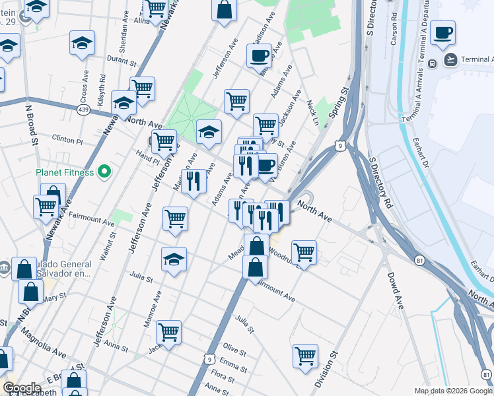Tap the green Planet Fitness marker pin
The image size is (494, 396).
(x=104, y=173)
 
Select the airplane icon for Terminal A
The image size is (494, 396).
(x=451, y=60)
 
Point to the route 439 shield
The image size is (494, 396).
(x=83, y=109)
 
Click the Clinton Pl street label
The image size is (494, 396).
(x=67, y=141)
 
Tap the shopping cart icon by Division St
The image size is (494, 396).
(x=305, y=356)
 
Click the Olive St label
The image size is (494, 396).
(x=234, y=347)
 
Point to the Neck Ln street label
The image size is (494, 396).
(x=313, y=113)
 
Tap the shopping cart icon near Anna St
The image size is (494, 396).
(x=168, y=332)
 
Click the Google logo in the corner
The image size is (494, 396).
(x=21, y=388)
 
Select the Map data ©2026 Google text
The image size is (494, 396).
(x=452, y=391)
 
